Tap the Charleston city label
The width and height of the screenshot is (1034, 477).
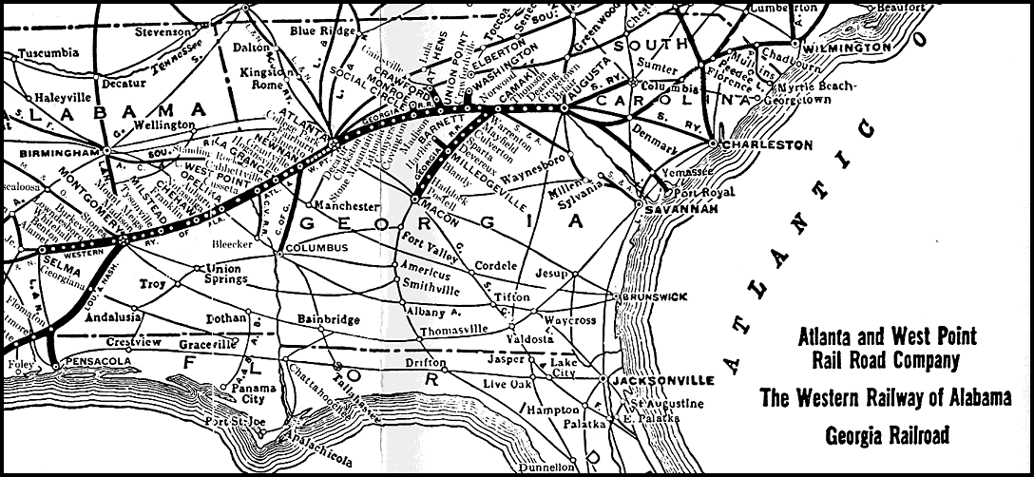768,145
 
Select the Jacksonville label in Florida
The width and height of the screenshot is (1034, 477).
663,379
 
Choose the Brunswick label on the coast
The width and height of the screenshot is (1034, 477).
654,296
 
